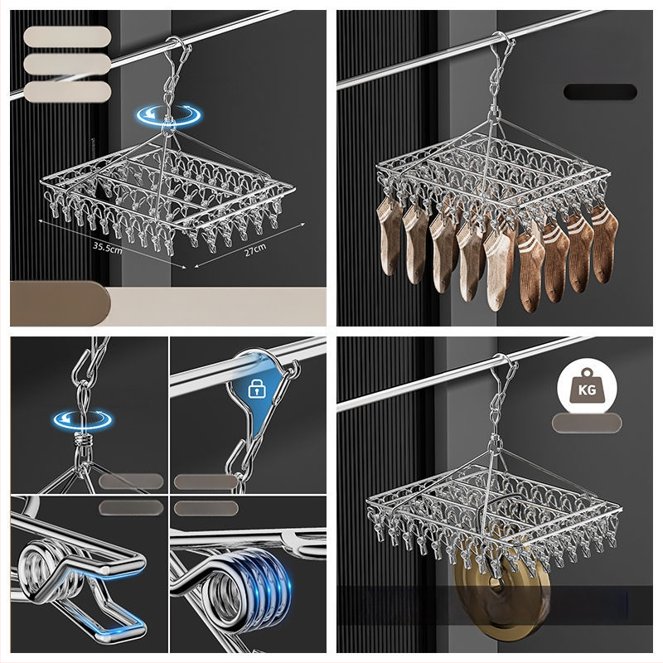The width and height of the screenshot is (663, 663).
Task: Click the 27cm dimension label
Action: coord(255,250)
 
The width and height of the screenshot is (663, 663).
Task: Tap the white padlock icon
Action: coord(256,389)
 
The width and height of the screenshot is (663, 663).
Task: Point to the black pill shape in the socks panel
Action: coord(600,92)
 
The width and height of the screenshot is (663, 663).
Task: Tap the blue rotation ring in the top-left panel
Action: coord(168,115)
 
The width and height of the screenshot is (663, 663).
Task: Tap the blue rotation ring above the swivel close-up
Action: coord(83,419)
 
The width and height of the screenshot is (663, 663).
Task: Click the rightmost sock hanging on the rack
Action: coord(604,244)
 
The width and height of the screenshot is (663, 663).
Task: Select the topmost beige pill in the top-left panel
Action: coord(67,36)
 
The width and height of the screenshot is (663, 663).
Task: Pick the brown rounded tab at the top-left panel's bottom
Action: coord(59,303)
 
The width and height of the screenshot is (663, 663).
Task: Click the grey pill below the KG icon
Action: coord(587,423)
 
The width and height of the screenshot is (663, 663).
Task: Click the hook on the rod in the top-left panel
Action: coord(180,47)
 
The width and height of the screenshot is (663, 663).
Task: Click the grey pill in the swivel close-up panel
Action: coord(131,482)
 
